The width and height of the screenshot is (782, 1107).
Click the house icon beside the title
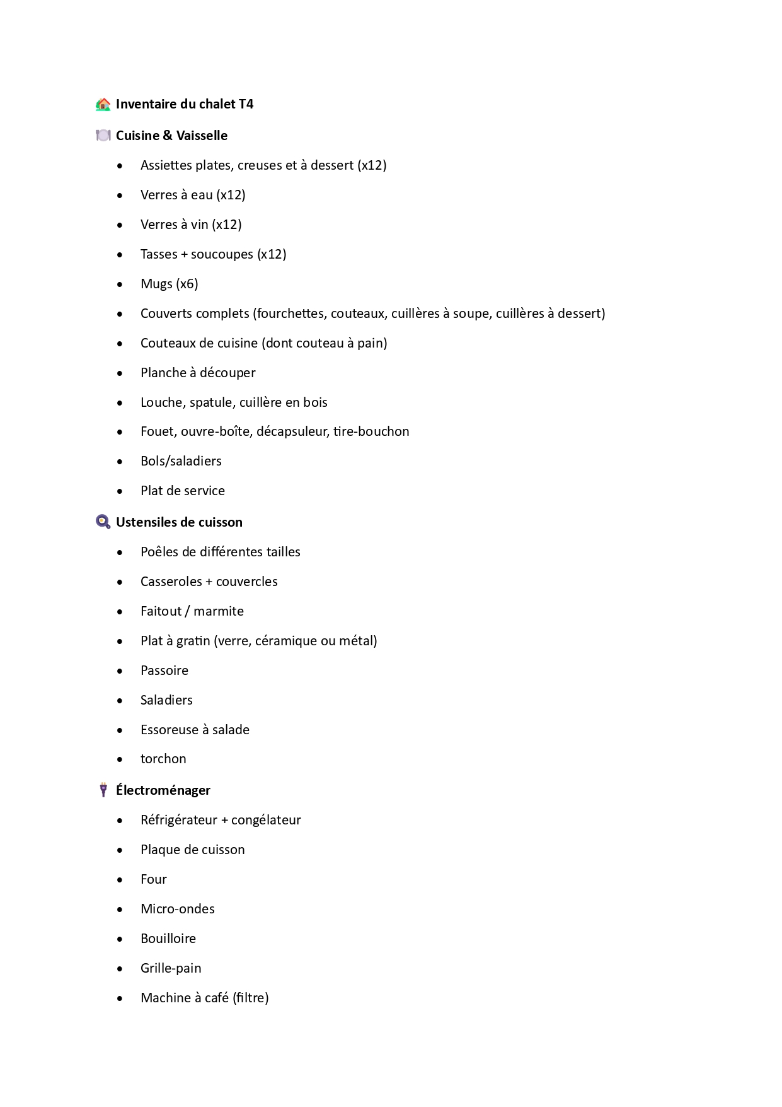pyautogui.click(x=103, y=104)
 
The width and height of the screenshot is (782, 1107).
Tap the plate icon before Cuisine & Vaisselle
pyautogui.click(x=103, y=136)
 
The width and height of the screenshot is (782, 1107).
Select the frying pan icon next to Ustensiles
pyautogui.click(x=103, y=522)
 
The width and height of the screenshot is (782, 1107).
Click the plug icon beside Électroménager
pyautogui.click(x=103, y=790)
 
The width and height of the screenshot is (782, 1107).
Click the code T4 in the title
pyautogui.click(x=246, y=104)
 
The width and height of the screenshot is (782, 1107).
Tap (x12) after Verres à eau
pyautogui.click(x=231, y=195)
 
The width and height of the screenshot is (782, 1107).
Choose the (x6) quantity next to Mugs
pyautogui.click(x=187, y=284)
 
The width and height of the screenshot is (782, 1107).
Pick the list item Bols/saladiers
pyautogui.click(x=181, y=461)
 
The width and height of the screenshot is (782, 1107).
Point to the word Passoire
pyautogui.click(x=164, y=671)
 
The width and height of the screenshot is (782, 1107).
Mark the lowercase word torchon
pyautogui.click(x=163, y=759)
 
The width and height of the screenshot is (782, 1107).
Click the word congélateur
pyautogui.click(x=266, y=820)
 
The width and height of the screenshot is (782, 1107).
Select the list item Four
pyautogui.click(x=154, y=879)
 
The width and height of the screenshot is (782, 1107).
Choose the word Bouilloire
pyautogui.click(x=168, y=939)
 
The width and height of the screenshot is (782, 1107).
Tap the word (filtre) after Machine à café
pyautogui.click(x=250, y=998)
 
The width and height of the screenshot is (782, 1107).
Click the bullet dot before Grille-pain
pyautogui.click(x=120, y=968)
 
